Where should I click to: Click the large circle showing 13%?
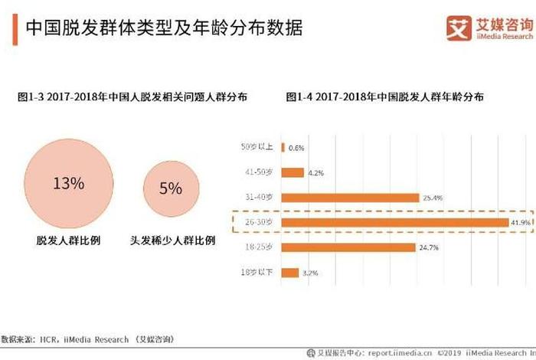click(x=68, y=184)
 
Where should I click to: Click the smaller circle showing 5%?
click(x=170, y=188)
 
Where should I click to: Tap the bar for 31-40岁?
click(x=351, y=198)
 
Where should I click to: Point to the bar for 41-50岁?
click(x=293, y=172)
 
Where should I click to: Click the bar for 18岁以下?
click(x=290, y=273)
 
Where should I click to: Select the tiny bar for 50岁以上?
click(x=283, y=148)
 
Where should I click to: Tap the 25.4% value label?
click(x=433, y=198)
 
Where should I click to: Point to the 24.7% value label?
click(x=430, y=247)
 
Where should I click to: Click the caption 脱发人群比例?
click(x=68, y=240)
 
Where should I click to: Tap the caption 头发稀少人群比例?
click(x=172, y=240)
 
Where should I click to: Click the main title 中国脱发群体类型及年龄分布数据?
click(x=164, y=29)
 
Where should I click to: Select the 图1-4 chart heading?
click(x=384, y=97)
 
